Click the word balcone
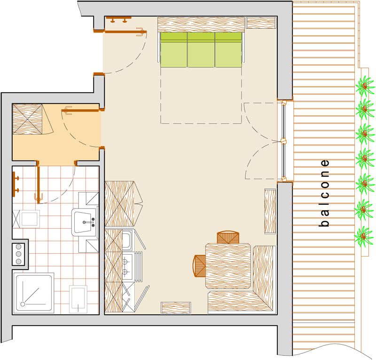click(325, 193)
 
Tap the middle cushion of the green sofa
click(201, 50)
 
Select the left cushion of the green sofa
click(174, 50)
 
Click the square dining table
click(228, 266)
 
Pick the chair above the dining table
click(228, 237)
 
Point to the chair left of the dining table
click(199, 266)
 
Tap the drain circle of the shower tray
click(23, 304)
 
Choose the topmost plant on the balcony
click(365, 86)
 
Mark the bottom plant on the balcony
click(364, 236)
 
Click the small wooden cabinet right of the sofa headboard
click(261, 23)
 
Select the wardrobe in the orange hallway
click(27, 119)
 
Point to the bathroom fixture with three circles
click(18, 254)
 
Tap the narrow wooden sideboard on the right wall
click(270, 211)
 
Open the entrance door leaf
click(125, 32)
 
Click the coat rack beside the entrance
click(118, 19)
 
